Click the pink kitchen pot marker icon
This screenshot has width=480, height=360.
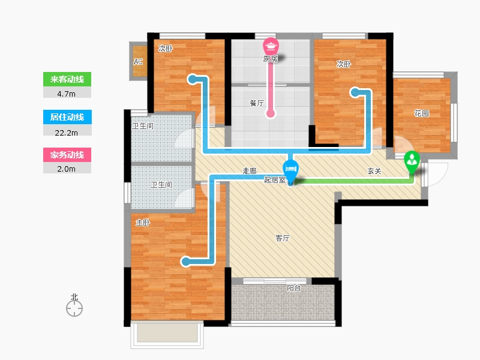[x=271, y=46]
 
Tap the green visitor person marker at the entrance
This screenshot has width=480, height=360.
[x=412, y=162]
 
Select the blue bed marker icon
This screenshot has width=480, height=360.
[x=290, y=170]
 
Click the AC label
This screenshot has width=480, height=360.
[x=138, y=62]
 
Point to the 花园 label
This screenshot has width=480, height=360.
[x=421, y=113]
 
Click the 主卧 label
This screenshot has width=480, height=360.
[x=143, y=223]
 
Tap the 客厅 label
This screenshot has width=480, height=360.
[x=283, y=238]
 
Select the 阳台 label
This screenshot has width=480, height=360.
[x=294, y=288]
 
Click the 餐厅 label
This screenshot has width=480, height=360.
[x=257, y=103]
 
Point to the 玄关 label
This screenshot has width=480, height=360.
[x=374, y=171]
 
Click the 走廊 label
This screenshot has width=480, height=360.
[x=250, y=170]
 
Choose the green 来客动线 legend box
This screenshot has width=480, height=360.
[x=67, y=79]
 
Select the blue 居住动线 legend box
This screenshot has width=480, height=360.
[x=67, y=117]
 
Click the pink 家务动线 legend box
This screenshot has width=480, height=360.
[x=67, y=155]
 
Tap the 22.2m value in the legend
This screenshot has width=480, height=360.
[x=66, y=133]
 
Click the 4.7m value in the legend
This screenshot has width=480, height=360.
[x=66, y=94]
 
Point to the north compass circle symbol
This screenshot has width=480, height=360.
[x=74, y=308]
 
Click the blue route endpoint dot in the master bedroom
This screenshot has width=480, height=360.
[x=185, y=262]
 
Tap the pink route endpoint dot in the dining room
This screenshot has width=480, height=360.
[x=271, y=113]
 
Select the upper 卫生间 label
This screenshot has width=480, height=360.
[x=143, y=125]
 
